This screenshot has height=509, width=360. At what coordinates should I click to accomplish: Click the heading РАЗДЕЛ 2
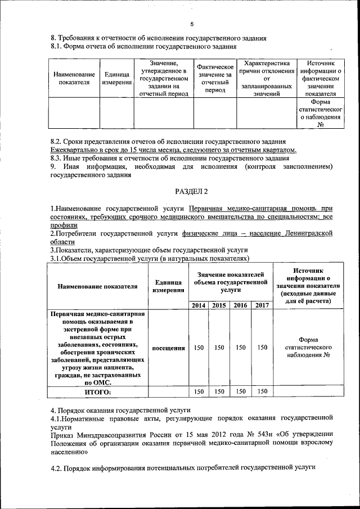click(x=191, y=192)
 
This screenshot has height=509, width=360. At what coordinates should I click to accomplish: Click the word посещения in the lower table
click(x=169, y=348)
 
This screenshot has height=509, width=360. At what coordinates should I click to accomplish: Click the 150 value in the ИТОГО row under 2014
click(x=199, y=391)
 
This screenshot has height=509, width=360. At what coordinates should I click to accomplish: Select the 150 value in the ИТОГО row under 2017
click(x=262, y=391)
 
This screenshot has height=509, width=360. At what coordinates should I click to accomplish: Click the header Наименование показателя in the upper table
click(x=74, y=78)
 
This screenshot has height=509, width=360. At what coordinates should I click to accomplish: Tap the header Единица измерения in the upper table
click(x=116, y=78)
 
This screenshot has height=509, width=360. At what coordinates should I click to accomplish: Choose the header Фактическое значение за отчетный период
click(x=215, y=78)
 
